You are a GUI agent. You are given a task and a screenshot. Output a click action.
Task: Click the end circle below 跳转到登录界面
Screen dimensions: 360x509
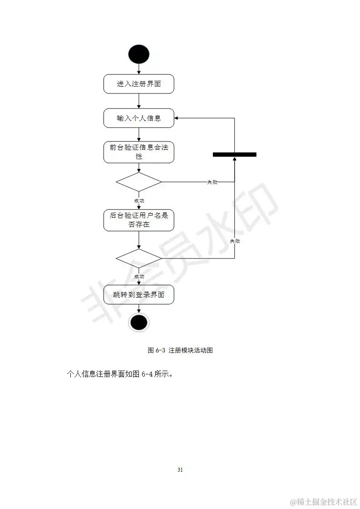138,322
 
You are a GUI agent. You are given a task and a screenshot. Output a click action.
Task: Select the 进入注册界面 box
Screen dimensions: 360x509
138,84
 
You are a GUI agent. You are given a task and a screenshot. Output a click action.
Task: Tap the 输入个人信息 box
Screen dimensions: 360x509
138,118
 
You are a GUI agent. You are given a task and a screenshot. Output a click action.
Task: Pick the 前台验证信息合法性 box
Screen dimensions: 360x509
138,152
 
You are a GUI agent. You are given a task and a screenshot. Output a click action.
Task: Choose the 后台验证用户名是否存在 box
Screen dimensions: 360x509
138,220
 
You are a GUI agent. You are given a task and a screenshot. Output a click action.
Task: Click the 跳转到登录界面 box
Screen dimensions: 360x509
138,295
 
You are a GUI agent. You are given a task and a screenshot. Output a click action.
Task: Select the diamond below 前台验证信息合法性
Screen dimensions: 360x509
138,182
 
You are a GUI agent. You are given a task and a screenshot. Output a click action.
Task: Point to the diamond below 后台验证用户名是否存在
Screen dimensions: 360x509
138,258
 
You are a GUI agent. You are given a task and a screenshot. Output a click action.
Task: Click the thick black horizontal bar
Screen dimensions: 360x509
234,155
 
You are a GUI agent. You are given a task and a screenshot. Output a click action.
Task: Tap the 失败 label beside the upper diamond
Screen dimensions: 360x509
212,182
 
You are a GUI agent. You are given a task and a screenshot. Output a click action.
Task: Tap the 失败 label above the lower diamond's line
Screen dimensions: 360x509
235,241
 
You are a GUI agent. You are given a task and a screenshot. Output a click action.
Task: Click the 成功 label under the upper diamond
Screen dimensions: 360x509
139,200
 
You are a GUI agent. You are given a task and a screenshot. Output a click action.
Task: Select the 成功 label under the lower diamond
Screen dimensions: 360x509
139,276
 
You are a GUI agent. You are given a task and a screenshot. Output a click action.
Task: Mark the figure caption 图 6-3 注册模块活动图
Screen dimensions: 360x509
180,350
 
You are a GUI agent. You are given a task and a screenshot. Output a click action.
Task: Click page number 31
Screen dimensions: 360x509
180,470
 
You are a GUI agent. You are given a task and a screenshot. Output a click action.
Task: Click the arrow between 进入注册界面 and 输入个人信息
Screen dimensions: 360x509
138,101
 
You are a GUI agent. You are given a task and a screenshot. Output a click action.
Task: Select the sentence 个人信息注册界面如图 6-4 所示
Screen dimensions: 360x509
121,375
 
